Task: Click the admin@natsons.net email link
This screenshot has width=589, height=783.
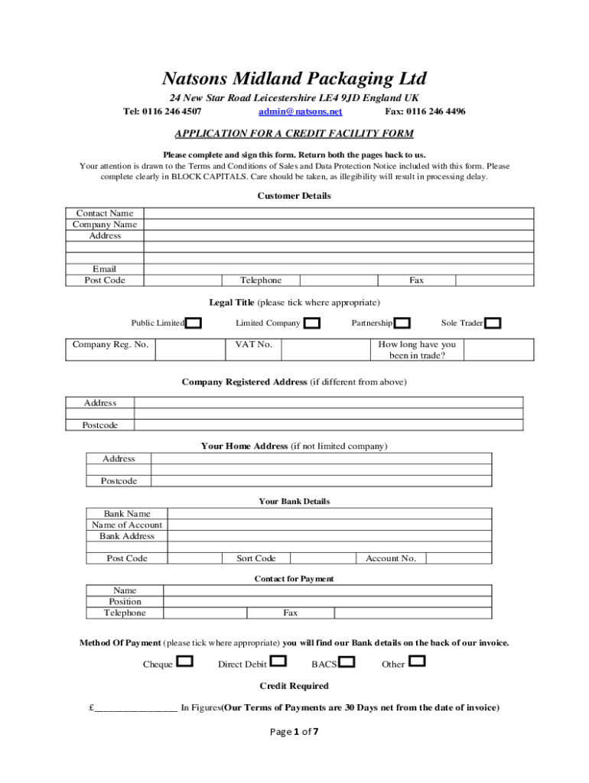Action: (300, 112)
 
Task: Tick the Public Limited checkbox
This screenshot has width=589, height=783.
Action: (194, 323)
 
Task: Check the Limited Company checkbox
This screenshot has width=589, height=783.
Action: (312, 323)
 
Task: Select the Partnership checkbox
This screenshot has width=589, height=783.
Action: (402, 323)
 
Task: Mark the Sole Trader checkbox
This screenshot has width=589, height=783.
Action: (493, 323)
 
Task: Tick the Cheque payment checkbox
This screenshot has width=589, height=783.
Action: (184, 661)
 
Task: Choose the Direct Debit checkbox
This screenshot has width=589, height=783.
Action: (279, 661)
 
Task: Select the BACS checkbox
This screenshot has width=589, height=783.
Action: (347, 661)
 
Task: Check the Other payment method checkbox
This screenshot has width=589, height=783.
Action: (417, 661)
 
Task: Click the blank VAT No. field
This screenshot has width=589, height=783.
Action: (325, 349)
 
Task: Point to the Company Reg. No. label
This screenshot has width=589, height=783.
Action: (110, 345)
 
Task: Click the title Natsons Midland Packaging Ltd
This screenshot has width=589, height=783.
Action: (294, 79)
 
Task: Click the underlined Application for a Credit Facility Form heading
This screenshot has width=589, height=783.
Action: (294, 134)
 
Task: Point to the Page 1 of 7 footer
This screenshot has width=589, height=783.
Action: (294, 732)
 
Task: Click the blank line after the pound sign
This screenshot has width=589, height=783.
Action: (135, 708)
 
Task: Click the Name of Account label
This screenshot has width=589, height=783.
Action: (127, 525)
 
